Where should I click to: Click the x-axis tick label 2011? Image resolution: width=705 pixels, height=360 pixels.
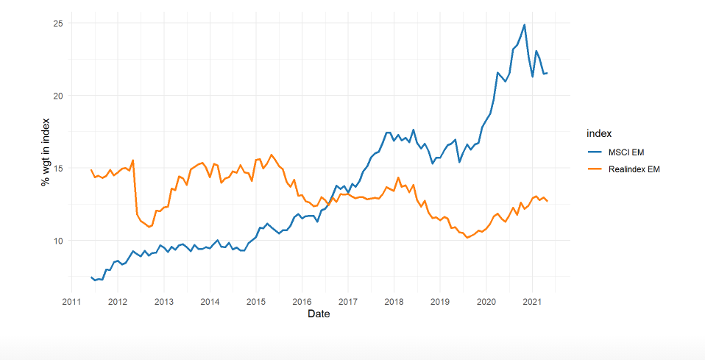click(x=71, y=302)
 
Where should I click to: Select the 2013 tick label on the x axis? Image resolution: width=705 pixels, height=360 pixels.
click(x=163, y=302)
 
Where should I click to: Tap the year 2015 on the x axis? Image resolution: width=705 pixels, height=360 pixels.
click(x=255, y=302)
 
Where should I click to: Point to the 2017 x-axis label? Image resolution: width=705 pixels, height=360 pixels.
click(x=347, y=302)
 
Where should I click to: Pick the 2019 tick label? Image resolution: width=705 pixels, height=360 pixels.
click(x=439, y=302)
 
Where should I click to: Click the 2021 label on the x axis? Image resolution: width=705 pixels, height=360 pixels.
click(x=531, y=302)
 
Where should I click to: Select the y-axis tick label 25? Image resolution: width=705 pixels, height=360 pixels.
click(x=57, y=24)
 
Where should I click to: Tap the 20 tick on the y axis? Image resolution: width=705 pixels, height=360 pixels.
click(x=57, y=96)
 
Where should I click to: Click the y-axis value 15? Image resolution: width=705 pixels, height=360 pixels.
click(x=57, y=168)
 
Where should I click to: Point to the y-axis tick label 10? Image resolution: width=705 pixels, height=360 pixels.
click(x=57, y=241)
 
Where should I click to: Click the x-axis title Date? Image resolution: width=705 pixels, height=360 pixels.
click(x=319, y=314)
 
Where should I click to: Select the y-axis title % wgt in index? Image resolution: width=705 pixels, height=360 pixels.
click(x=45, y=151)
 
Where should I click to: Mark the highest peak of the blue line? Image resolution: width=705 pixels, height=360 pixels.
click(x=524, y=25)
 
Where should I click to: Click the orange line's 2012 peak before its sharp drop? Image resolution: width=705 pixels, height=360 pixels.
click(x=132, y=160)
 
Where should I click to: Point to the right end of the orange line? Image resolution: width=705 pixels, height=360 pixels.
click(x=547, y=201)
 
